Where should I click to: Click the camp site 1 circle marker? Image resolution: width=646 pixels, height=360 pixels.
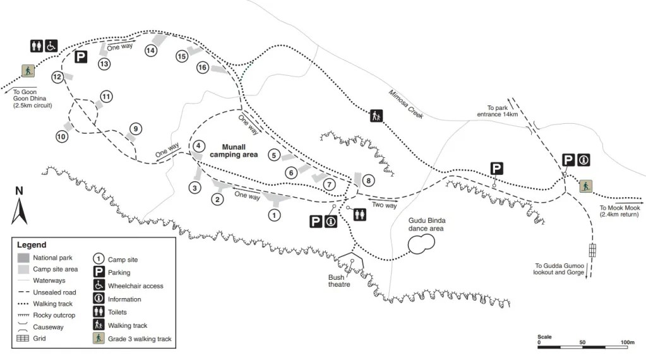click(274, 215)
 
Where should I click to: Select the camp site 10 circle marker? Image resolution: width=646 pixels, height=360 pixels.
click(62, 136)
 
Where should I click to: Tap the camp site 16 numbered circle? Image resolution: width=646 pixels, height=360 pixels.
click(203, 67)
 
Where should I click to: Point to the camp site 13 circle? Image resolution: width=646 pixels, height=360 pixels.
click(104, 64)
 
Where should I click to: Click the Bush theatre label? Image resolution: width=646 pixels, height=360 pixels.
click(338, 280)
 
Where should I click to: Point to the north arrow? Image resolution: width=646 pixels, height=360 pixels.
click(19, 206)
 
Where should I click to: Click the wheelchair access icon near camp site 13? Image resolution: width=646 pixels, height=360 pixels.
click(51, 45)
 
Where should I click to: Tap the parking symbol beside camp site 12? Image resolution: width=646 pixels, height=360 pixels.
click(80, 57)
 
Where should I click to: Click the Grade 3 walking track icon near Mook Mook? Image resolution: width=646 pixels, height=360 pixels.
click(586, 186)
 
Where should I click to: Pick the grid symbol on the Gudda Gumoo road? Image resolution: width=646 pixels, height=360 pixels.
click(592, 249)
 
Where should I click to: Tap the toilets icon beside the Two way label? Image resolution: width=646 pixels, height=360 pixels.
click(360, 215)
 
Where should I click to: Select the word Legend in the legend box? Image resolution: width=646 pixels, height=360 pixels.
click(32, 244)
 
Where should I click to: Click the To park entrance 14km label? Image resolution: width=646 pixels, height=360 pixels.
click(503, 111)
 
